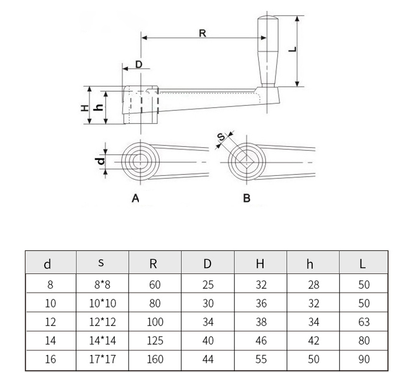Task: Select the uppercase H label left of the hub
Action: pyautogui.click(x=84, y=106)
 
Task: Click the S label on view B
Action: pyautogui.click(x=221, y=139)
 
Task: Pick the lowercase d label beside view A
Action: pyautogui.click(x=100, y=161)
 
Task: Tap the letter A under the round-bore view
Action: pyautogui.click(x=136, y=198)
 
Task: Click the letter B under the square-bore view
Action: pyautogui.click(x=247, y=198)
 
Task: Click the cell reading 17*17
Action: pyautogui.click(x=103, y=359)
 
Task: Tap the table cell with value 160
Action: pyautogui.click(x=155, y=359)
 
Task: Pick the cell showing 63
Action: pyautogui.click(x=364, y=322)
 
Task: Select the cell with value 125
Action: pyautogui.click(x=155, y=341)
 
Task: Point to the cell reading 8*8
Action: pyautogui.click(x=103, y=285)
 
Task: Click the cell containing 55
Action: pyautogui.click(x=261, y=359)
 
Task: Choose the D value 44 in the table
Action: pyautogui.click(x=208, y=359)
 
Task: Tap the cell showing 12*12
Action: pyautogui.click(x=103, y=322)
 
